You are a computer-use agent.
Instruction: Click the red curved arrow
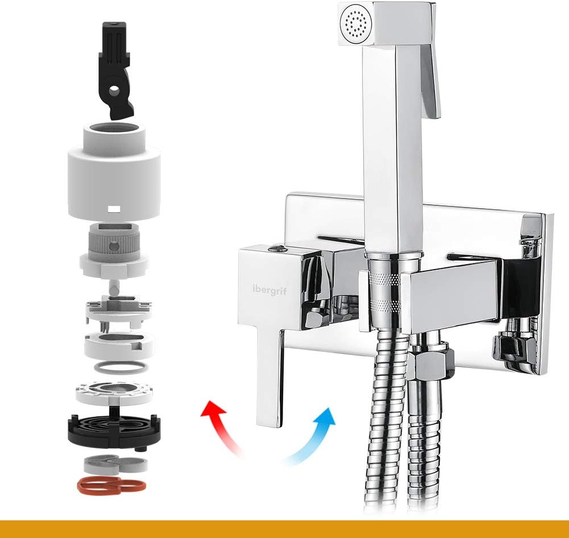221,425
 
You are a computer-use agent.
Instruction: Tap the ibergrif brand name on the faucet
269,290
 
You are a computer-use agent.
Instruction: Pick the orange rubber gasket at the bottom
112,485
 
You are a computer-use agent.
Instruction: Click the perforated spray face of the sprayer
354,24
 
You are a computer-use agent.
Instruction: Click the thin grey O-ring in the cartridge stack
121,367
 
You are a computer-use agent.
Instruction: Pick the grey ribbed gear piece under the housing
114,241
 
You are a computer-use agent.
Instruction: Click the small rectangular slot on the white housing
114,209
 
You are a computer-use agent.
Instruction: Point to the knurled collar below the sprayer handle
385,291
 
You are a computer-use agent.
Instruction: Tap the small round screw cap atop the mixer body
276,249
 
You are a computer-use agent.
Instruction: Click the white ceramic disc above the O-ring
119,346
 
